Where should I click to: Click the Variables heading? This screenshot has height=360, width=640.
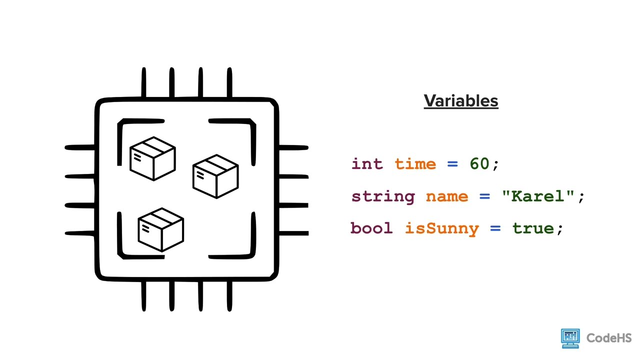(x=461, y=101)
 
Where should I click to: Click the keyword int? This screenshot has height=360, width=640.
(x=367, y=164)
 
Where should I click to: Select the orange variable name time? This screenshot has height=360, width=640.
(x=415, y=164)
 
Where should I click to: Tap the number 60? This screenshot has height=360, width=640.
(x=479, y=164)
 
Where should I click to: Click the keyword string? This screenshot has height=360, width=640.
(x=383, y=196)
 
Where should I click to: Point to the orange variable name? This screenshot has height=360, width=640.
(x=447, y=196)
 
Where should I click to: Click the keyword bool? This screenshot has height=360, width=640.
(x=371, y=228)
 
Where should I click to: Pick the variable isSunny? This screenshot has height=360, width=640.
(x=441, y=228)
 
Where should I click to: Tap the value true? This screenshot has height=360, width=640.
(x=533, y=228)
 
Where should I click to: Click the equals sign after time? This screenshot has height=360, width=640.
(x=452, y=164)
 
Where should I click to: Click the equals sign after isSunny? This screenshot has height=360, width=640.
(x=495, y=228)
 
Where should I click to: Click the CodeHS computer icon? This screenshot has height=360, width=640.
(x=570, y=338)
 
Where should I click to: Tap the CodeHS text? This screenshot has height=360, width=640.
(x=609, y=338)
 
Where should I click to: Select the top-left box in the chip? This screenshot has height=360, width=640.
(x=152, y=158)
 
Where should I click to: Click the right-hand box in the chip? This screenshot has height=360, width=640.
(x=215, y=176)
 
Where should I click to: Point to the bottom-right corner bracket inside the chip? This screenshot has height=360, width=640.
(x=240, y=245)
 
